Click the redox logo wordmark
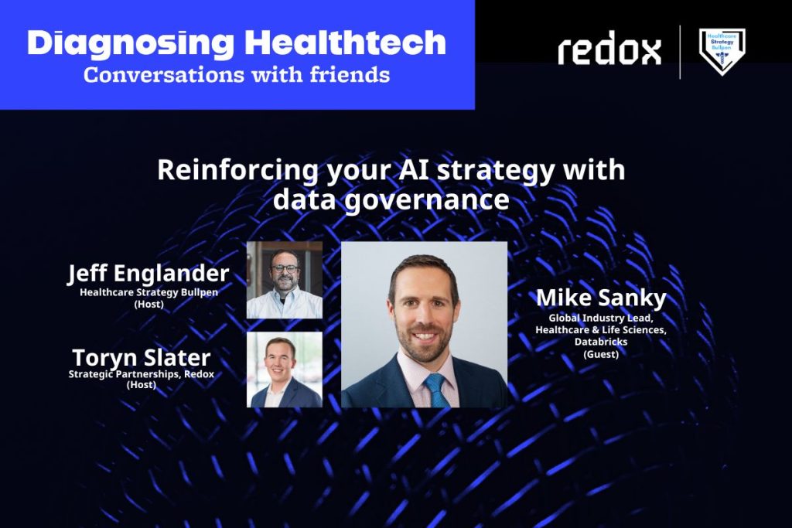tap(609, 48)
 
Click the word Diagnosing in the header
tap(131, 44)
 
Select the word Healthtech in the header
tap(346, 43)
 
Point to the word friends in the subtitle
tap(350, 75)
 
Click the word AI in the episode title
tap(414, 169)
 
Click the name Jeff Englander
tap(148, 274)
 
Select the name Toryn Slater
tap(142, 358)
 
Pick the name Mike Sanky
tap(601, 298)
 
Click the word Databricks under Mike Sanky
tap(601, 342)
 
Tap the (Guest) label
tap(601, 354)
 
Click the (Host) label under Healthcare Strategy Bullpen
tap(148, 305)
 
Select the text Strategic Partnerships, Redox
tap(142, 374)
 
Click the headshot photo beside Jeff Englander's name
tap(285, 280)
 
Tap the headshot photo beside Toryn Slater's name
tap(285, 370)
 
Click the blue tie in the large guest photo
tap(436, 390)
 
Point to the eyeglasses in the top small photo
tap(285, 268)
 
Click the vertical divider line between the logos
tap(680, 52)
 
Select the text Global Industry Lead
tap(601, 318)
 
